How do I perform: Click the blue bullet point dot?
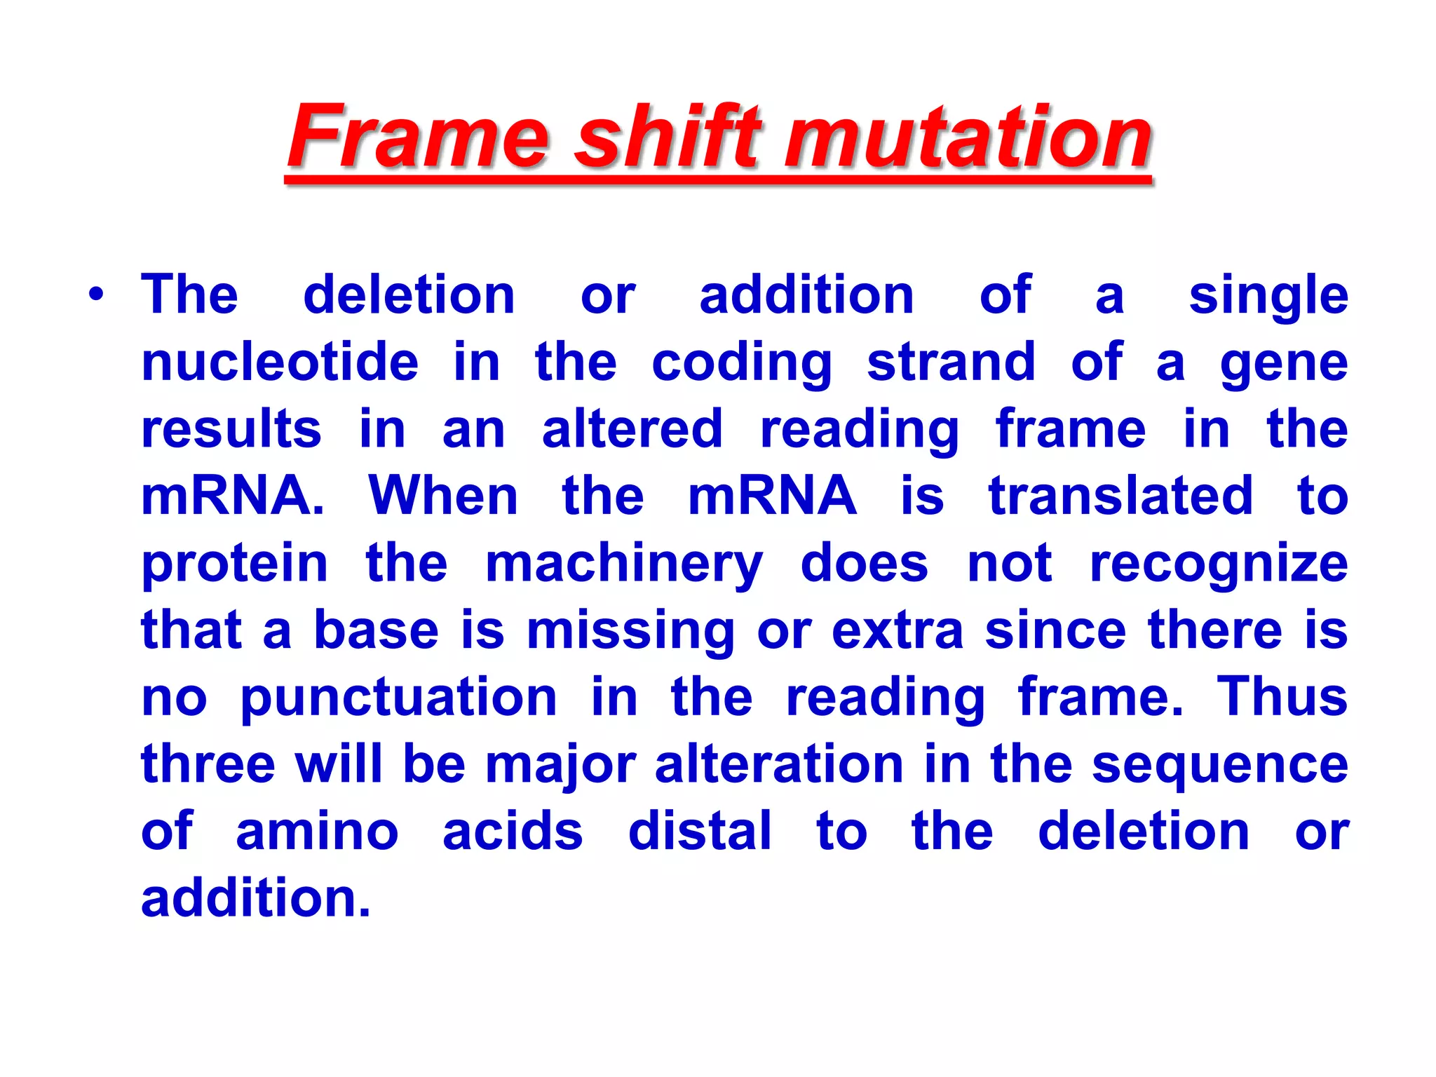point(96,294)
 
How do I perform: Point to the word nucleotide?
point(280,363)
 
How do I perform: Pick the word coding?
point(742,364)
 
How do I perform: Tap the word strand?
point(951,363)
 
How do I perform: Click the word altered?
point(632,429)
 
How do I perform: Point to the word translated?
point(1120,496)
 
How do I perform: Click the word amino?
point(317,832)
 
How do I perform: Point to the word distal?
point(700,832)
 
